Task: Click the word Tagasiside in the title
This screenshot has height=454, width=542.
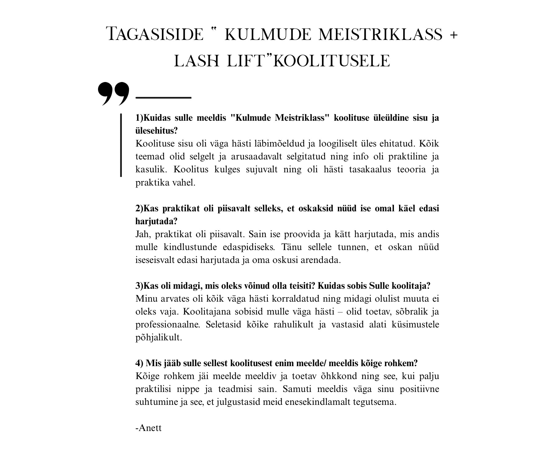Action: coord(155,34)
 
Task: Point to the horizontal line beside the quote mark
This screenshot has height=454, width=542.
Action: coord(163,98)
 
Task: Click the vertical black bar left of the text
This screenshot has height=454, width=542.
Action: coord(121,145)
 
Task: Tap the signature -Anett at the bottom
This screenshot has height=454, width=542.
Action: coord(148,428)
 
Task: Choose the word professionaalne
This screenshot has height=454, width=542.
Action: coord(168,325)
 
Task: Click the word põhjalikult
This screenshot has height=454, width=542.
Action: coord(159,338)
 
